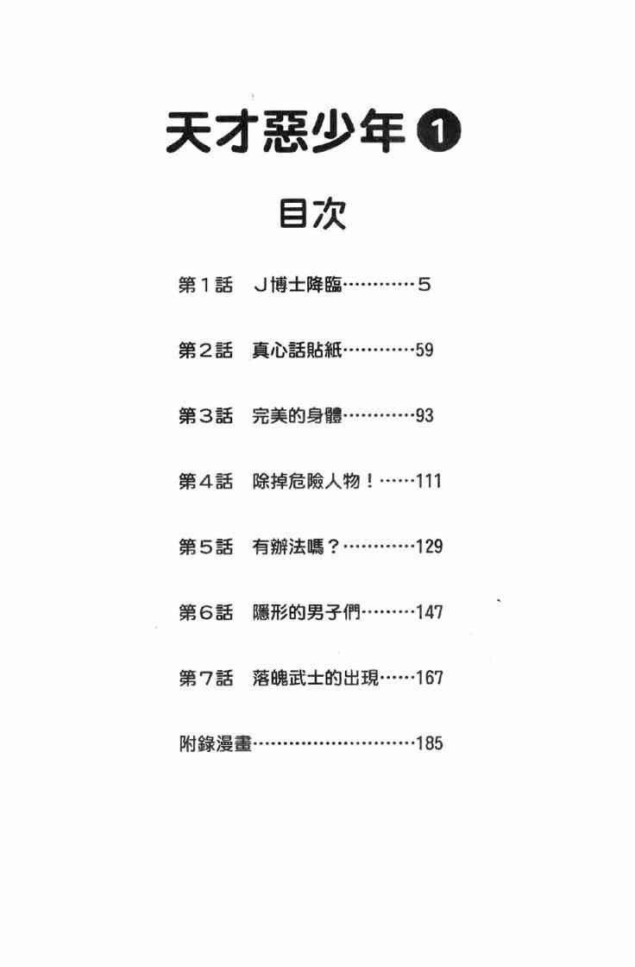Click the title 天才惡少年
pyautogui.click(x=285, y=135)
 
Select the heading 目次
pyautogui.click(x=311, y=214)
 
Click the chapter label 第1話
pyautogui.click(x=205, y=284)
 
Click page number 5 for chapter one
pyautogui.click(x=424, y=284)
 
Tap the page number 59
pyautogui.click(x=424, y=350)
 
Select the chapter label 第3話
pyautogui.click(x=205, y=415)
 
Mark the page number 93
pyautogui.click(x=424, y=415)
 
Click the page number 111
pyautogui.click(x=429, y=481)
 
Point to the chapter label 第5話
pyautogui.click(x=205, y=547)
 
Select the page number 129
pyautogui.click(x=429, y=547)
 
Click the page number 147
pyautogui.click(x=429, y=612)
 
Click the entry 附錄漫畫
pyautogui.click(x=215, y=743)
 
